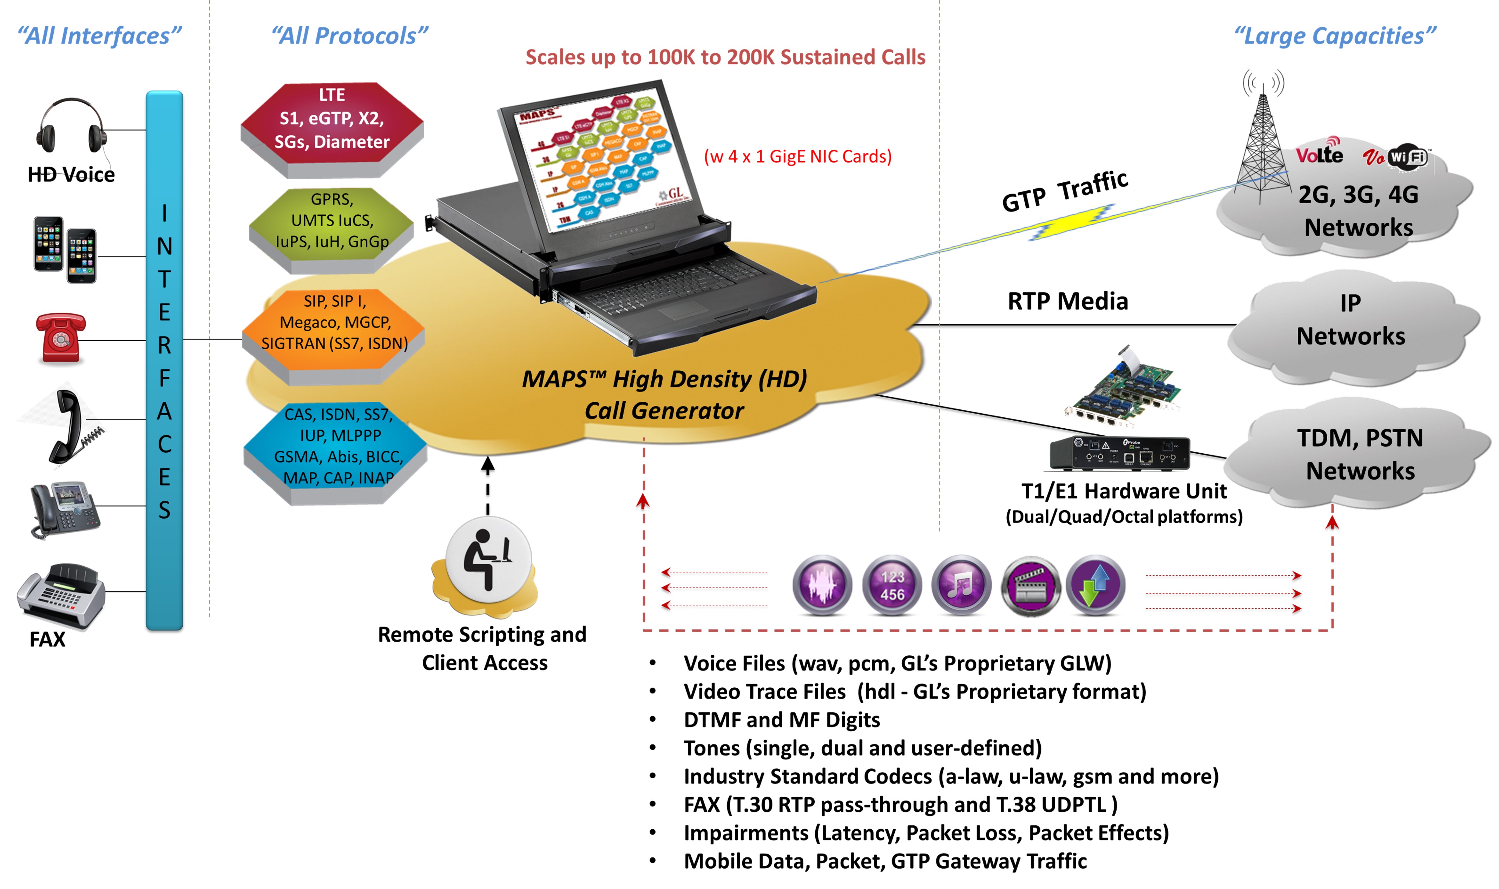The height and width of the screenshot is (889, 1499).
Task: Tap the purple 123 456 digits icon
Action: [x=892, y=585]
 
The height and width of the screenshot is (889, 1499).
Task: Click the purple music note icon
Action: [x=960, y=585]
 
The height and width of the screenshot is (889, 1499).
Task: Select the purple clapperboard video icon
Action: [x=1030, y=585]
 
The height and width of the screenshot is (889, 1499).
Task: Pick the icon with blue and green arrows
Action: [x=1096, y=585]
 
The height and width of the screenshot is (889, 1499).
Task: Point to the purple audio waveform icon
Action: [x=822, y=585]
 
